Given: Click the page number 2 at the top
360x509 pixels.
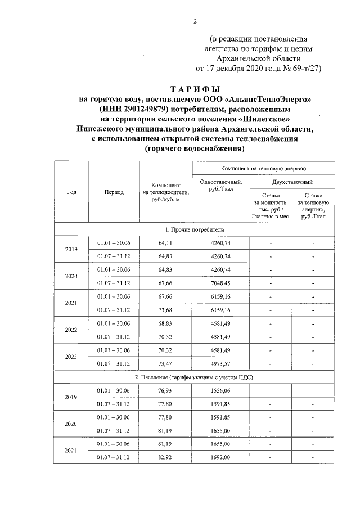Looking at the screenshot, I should pyautogui.click(x=195, y=22).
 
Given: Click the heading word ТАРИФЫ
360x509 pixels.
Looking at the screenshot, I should pyautogui.click(x=195, y=89).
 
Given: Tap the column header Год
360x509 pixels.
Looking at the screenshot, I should pyautogui.click(x=71, y=192).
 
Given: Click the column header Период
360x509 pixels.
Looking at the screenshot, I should pyautogui.click(x=114, y=192).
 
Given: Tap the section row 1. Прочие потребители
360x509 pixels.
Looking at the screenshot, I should pyautogui.click(x=195, y=229).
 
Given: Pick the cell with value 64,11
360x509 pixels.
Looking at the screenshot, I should pyautogui.click(x=165, y=242).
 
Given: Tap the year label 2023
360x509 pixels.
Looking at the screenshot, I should pyautogui.click(x=71, y=357).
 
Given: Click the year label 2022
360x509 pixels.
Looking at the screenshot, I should pyautogui.click(x=71, y=330).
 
